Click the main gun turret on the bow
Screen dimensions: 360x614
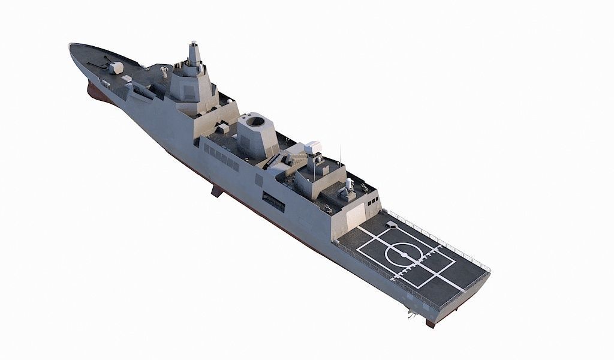[115, 67]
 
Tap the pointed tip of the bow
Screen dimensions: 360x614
[71, 44]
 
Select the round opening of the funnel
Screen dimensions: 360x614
[257, 122]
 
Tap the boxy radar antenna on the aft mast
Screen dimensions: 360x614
[314, 148]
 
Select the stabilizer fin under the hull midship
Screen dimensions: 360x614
[216, 191]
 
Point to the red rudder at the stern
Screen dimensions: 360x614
[430, 323]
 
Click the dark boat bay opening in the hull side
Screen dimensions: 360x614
[273, 201]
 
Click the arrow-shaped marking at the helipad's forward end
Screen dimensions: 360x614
[390, 226]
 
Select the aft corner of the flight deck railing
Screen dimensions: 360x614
[489, 271]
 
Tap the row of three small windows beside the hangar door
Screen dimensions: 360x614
[372, 200]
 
